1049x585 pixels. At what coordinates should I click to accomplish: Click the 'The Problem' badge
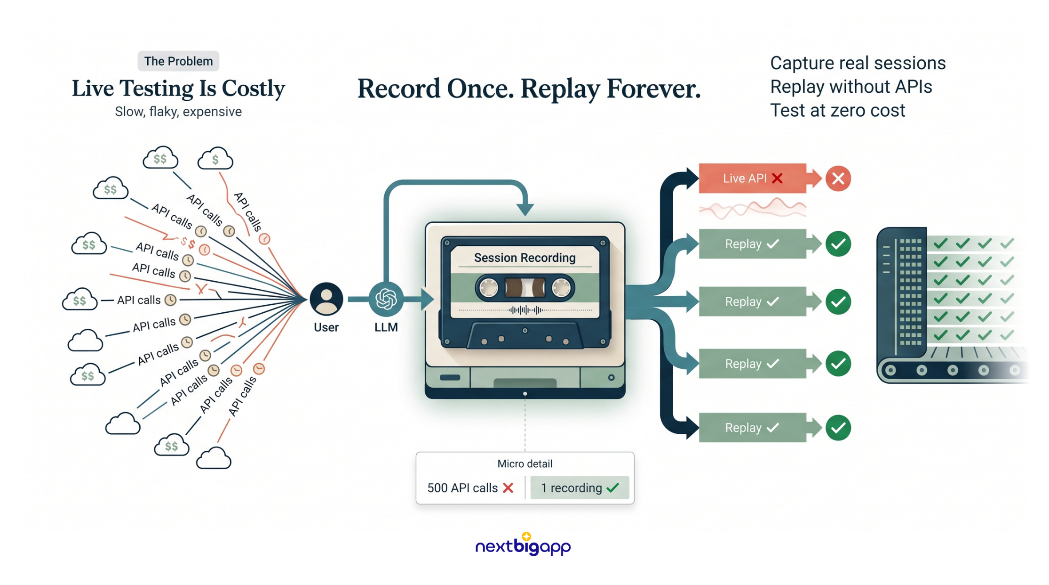(x=178, y=61)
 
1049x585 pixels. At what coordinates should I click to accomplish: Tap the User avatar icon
(x=326, y=299)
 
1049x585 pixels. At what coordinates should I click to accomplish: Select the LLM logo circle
(x=386, y=299)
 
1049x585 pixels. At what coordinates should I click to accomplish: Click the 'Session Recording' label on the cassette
(x=524, y=258)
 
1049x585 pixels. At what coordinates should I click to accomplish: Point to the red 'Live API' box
(x=752, y=178)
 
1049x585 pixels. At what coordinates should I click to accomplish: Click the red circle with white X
(x=838, y=179)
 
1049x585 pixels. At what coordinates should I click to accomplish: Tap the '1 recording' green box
(x=580, y=487)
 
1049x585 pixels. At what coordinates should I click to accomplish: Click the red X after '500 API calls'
(x=508, y=488)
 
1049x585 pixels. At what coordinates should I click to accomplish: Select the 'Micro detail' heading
(x=525, y=464)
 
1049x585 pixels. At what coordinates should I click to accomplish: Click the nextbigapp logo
(x=523, y=545)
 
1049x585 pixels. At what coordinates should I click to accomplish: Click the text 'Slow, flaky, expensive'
(x=178, y=112)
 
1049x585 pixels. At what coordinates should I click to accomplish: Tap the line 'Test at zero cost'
(x=837, y=110)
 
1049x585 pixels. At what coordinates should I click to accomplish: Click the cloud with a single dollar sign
(x=215, y=159)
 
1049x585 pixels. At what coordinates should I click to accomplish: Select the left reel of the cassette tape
(x=489, y=287)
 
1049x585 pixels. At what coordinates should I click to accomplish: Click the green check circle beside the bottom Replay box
(x=838, y=428)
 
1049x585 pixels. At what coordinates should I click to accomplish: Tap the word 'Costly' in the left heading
(x=254, y=89)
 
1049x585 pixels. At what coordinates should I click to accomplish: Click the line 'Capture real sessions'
(x=858, y=63)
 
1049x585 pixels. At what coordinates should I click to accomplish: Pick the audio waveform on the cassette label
(x=525, y=310)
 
